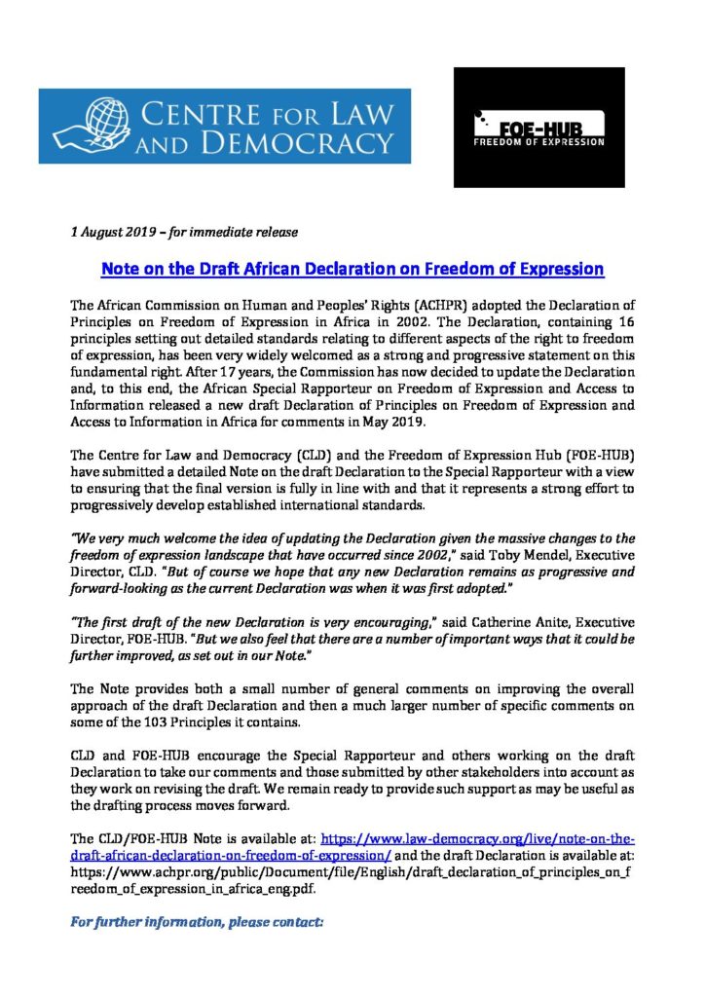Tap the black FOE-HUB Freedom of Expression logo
pos(538,127)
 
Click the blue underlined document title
pos(353,268)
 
